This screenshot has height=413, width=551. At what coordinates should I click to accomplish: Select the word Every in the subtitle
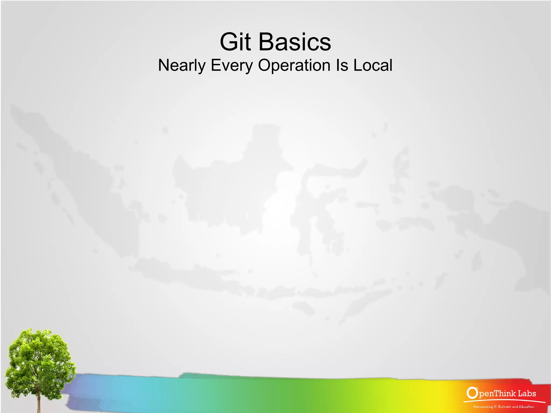pos(232,65)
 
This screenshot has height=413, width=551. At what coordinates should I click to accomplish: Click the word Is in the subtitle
pos(342,65)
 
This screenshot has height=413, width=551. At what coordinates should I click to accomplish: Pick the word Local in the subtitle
pos(373,65)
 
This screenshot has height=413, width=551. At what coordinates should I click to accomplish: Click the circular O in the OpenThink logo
pos(472,393)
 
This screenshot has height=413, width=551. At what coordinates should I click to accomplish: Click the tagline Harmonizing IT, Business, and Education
pos(503,407)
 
